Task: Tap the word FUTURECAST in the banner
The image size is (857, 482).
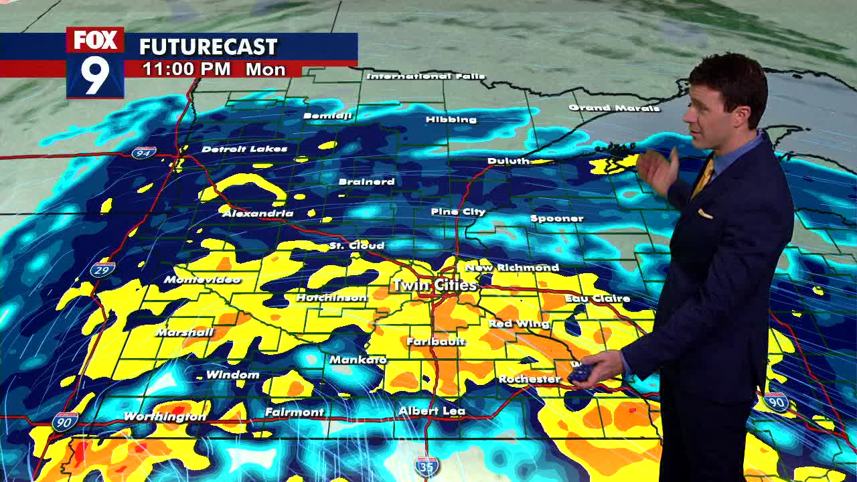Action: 208,47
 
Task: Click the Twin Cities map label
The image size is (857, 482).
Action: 435,285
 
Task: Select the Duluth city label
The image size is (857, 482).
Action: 508,161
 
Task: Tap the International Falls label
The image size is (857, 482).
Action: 425,76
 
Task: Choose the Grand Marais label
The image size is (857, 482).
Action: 614,108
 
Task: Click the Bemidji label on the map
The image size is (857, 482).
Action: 327,116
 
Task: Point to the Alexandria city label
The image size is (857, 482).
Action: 258,213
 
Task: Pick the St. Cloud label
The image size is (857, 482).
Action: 357,246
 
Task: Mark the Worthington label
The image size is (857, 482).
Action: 165,416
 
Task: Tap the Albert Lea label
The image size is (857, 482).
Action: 431,410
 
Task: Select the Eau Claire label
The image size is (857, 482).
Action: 597,299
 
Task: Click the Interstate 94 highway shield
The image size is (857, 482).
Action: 144,153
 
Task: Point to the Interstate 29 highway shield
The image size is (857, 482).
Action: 102,269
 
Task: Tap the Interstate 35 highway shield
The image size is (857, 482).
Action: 426,467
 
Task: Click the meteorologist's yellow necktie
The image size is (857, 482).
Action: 703,177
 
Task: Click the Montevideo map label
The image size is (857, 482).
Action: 202,279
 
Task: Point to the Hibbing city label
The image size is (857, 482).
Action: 451,119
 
